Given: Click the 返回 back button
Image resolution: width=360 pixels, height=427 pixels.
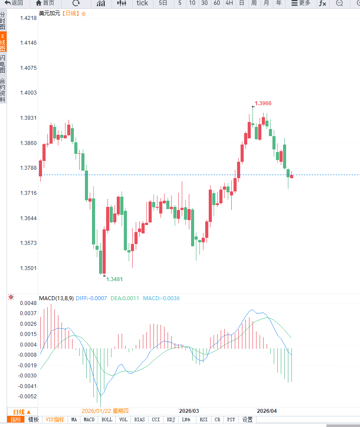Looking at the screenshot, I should pos(14,3).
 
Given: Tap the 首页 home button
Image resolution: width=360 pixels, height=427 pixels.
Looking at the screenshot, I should pos(45,3).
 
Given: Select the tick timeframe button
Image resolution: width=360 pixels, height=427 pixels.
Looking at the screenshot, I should pos(142,3).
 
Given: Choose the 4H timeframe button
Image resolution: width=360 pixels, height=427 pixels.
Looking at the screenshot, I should pos(229,3).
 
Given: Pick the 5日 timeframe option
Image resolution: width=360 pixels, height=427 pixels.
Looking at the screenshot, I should pos(163,3).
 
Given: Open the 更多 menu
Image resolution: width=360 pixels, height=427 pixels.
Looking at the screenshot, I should pos(301,3).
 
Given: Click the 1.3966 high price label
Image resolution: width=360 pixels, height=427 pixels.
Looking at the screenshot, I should pos(263,103).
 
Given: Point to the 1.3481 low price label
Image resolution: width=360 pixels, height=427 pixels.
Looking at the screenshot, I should pos(115,279).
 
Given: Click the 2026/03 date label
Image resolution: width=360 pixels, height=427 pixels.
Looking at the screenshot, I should pos(189,411).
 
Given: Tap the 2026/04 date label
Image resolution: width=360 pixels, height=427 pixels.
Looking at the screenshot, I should pos(267,411).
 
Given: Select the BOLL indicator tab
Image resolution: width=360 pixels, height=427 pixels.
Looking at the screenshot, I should pos(107,419).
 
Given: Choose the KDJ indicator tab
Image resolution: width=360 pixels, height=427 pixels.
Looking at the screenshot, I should pos(171,419).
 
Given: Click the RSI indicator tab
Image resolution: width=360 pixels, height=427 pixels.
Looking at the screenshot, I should pos(203,419).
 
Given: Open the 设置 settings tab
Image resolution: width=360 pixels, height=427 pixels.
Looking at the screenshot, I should pos(247,419).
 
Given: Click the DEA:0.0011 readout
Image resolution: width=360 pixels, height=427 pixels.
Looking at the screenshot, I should pos(126,298).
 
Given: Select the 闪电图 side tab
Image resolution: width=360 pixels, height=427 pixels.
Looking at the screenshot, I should pos(3,64).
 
